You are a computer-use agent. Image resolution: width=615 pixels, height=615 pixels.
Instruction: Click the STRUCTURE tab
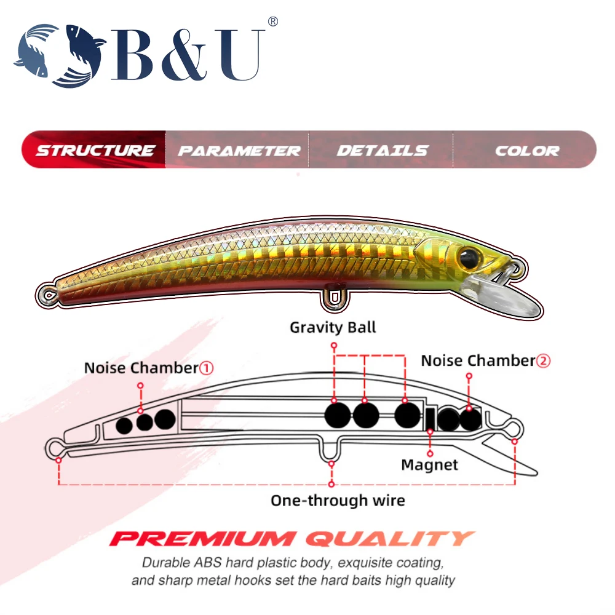[x=95, y=150]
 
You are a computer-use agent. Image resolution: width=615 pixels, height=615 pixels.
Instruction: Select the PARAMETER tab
[x=239, y=150]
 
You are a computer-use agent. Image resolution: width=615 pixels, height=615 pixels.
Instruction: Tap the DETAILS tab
[x=382, y=150]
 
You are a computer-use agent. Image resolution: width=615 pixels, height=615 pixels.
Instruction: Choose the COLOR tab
[x=527, y=150]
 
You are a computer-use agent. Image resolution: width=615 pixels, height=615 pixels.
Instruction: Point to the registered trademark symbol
[x=273, y=22]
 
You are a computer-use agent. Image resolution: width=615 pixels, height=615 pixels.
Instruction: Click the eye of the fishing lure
[x=469, y=255]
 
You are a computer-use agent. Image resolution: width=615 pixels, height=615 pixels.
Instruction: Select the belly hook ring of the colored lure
[x=333, y=298]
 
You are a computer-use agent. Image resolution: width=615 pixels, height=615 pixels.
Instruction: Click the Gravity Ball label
[x=333, y=327]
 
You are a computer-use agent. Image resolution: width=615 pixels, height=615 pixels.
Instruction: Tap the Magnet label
[x=429, y=464]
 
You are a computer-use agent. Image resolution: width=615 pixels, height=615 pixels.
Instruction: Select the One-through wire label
[x=338, y=500]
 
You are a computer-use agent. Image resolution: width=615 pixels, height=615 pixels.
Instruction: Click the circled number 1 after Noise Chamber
[x=207, y=368]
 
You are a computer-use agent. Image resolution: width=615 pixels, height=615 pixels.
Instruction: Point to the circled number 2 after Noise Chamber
[x=543, y=361]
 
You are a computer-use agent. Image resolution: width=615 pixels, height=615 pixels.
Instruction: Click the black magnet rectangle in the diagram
[x=430, y=419]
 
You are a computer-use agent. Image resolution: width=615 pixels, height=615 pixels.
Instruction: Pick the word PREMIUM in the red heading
[x=204, y=539]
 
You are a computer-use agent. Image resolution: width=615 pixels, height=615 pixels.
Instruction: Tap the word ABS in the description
[x=189, y=562]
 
